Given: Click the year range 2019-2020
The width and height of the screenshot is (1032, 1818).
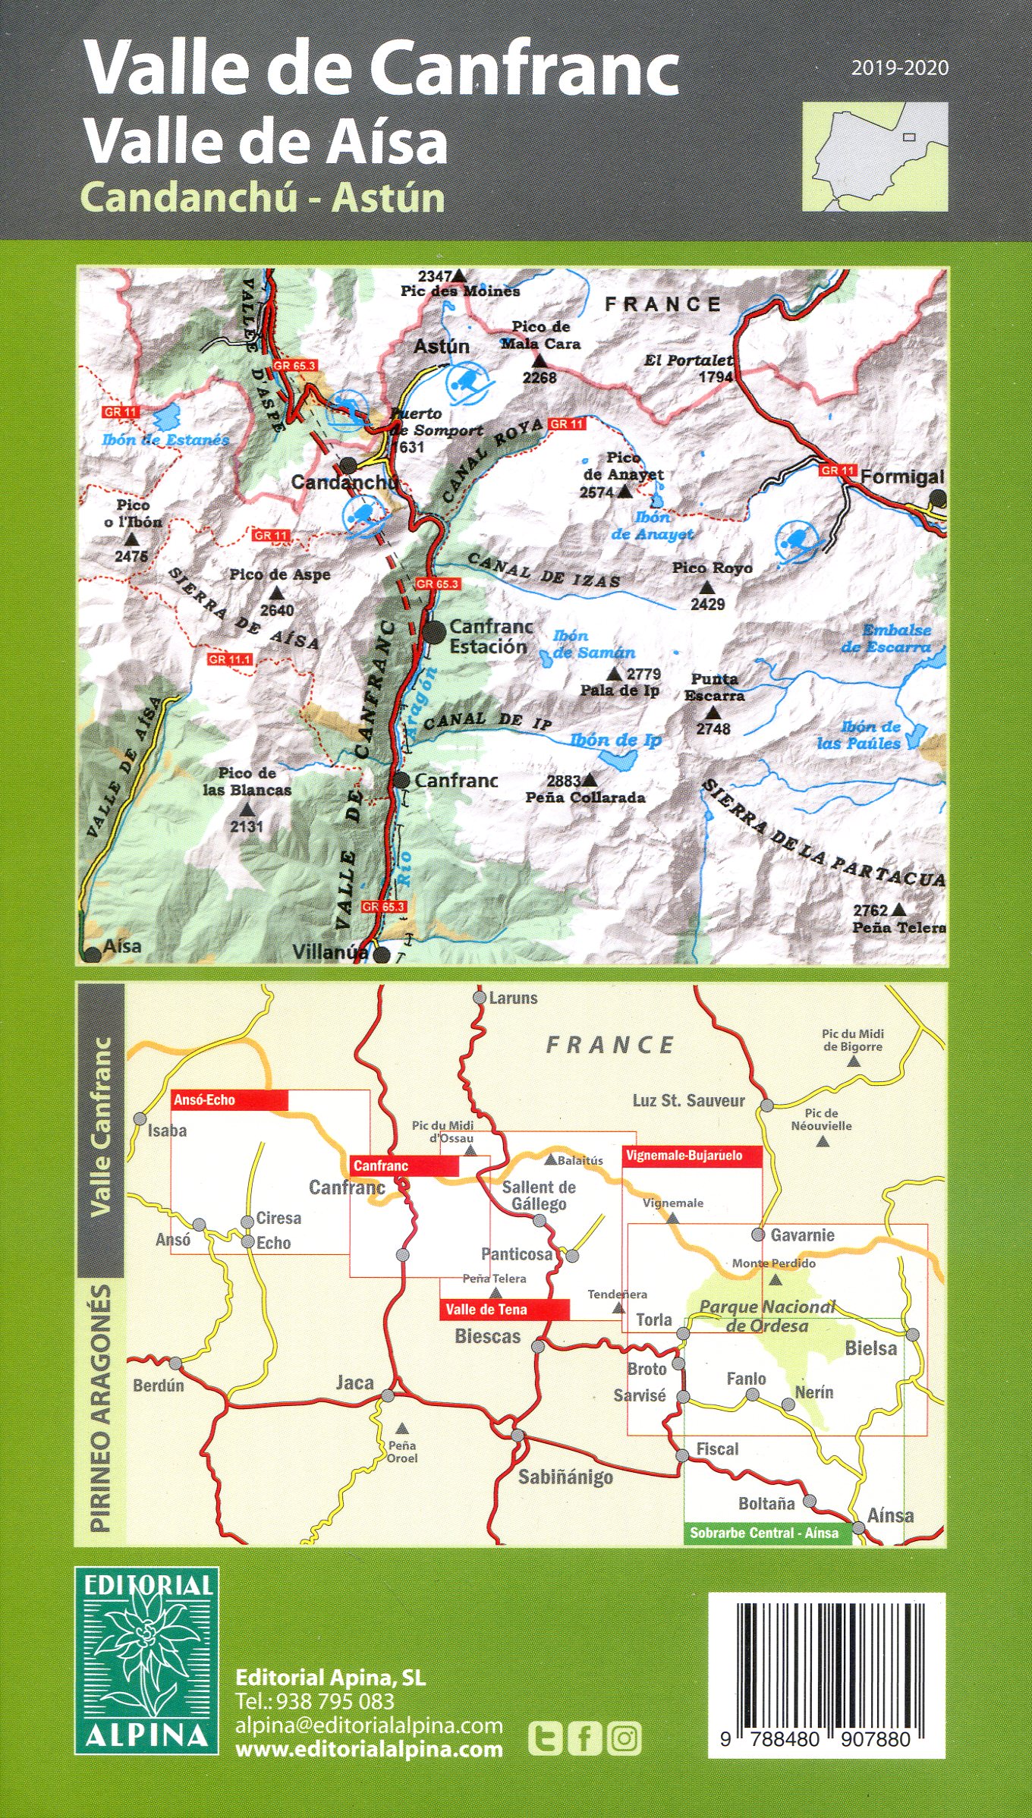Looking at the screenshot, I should point(899,68).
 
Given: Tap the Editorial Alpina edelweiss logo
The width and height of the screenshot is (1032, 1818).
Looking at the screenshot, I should point(146,1659).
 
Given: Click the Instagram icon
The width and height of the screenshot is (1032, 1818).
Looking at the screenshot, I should point(625,1738).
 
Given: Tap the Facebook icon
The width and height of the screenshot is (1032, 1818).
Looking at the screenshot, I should point(585,1738).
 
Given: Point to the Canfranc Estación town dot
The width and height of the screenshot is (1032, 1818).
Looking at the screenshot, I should point(434,631).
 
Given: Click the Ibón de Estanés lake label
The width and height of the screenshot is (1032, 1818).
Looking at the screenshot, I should point(165,439).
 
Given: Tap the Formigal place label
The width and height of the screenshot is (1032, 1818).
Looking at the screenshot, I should point(902,477).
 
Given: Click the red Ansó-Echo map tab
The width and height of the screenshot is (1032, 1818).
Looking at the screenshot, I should point(229,1100).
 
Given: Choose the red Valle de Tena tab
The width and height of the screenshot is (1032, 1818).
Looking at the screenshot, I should point(504,1310).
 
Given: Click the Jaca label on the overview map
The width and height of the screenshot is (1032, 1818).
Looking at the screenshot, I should point(355,1382).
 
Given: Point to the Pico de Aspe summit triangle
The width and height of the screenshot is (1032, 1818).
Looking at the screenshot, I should point(277,593).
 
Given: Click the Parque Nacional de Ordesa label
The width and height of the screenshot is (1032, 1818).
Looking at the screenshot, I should point(766,1316).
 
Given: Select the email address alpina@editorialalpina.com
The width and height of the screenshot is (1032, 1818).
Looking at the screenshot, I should point(369,1725).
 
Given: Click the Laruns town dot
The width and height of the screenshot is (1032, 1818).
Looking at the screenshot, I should point(480,998).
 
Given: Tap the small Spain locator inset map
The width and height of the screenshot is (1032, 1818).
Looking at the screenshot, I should point(874,156).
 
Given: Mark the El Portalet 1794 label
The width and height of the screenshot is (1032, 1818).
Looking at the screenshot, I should point(689,368).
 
